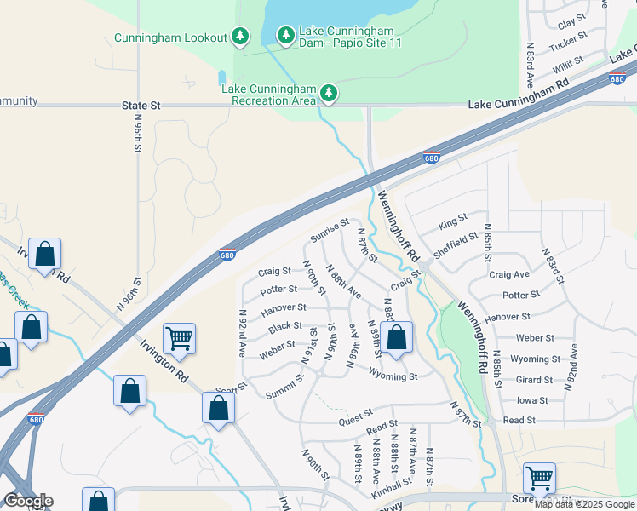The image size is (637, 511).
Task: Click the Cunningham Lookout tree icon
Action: pyautogui.click(x=242, y=36)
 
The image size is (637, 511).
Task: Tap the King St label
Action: pyautogui.click(x=453, y=225)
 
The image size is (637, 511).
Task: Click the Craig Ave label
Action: pyautogui.click(x=509, y=275)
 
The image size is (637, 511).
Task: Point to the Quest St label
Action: pyautogui.click(x=356, y=413)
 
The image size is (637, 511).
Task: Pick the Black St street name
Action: pyautogui.click(x=284, y=326)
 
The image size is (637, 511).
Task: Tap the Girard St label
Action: pyautogui.click(x=534, y=380)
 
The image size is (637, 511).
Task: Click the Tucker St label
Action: pyautogui.click(x=568, y=41)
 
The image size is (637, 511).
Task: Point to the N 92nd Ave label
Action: pyautogui.click(x=243, y=332)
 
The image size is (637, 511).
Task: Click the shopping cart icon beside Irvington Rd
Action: pyautogui.click(x=180, y=338)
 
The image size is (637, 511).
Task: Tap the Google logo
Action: pyautogui.click(x=28, y=502)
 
